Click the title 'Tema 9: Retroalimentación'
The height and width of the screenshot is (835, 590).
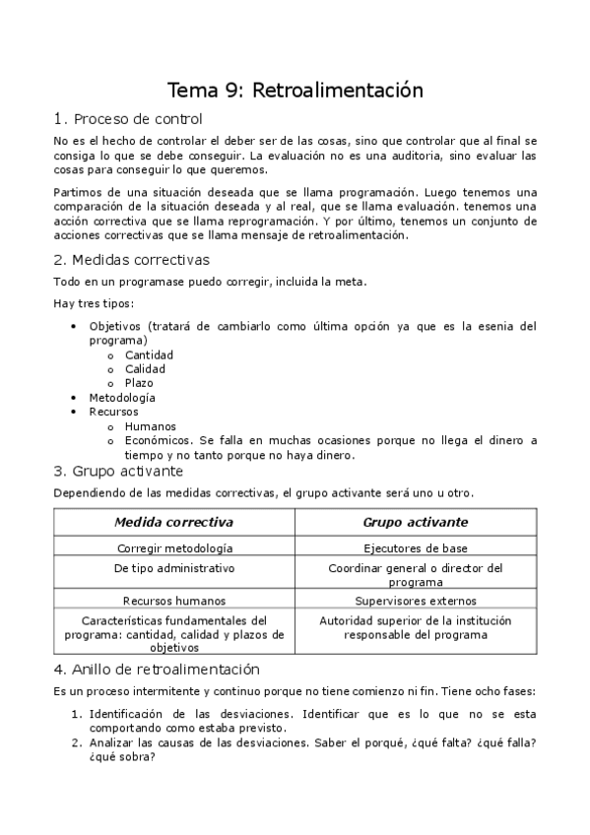point(295,91)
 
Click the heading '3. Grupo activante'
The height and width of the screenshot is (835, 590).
point(118,472)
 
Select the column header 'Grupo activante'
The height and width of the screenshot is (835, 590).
point(416,522)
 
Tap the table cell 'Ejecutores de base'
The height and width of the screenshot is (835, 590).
point(416,547)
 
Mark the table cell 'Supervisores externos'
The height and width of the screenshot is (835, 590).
point(416,600)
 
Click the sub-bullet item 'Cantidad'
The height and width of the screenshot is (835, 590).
point(149,354)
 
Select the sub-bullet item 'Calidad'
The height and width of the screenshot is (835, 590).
point(145,369)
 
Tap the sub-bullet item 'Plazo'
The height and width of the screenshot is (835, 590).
point(139,383)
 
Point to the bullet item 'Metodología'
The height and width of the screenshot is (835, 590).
point(122,398)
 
